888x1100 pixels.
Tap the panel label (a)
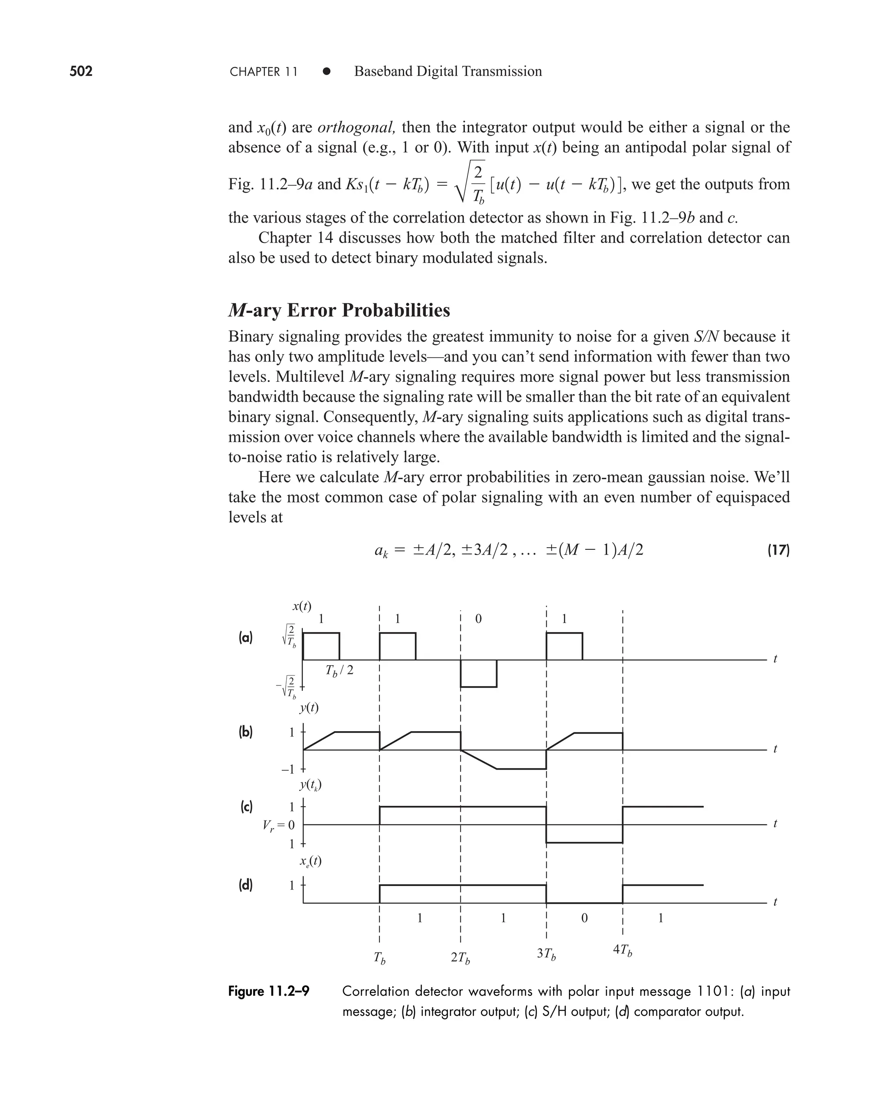(x=245, y=638)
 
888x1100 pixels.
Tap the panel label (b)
(x=245, y=732)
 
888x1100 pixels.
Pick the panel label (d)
(x=245, y=885)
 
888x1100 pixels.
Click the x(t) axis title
(x=302, y=607)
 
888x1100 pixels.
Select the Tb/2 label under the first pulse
(x=339, y=670)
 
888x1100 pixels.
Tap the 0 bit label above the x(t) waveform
(x=478, y=619)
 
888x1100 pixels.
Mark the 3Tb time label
(x=546, y=954)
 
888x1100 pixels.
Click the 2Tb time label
(x=460, y=958)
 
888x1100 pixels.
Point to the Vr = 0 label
(x=278, y=825)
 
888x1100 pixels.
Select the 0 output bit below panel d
(x=584, y=918)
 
